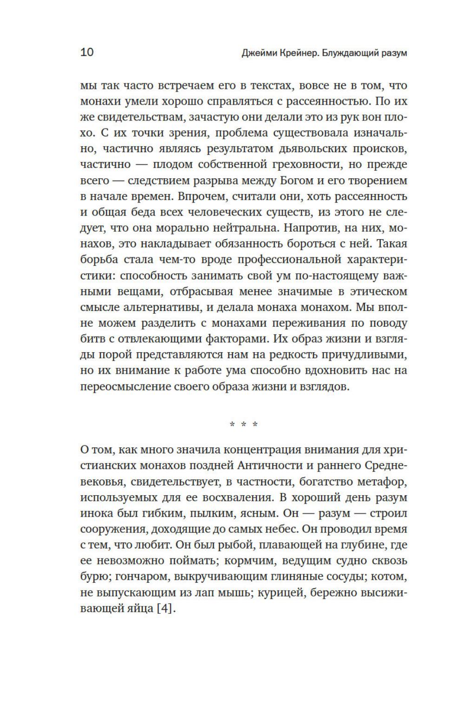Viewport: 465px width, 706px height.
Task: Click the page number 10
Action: [87, 52]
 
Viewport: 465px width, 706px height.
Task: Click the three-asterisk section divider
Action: [243, 424]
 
